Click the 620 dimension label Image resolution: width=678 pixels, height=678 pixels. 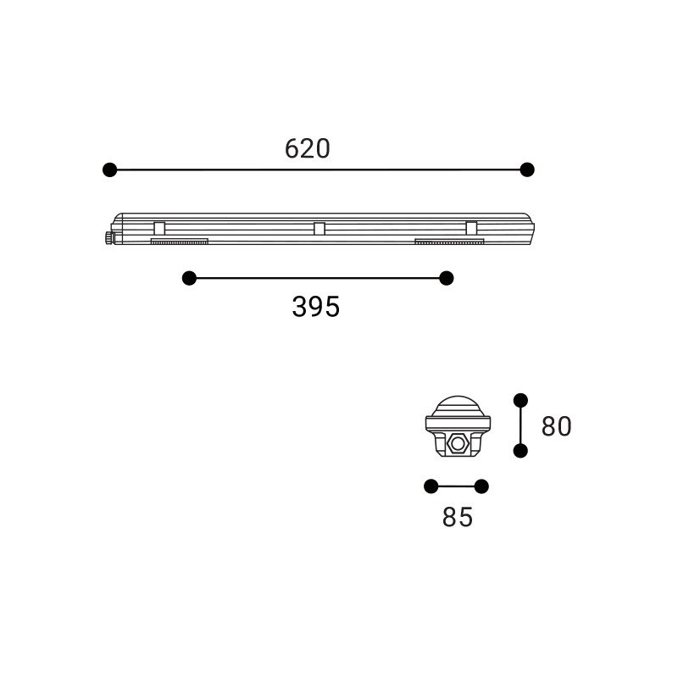(x=307, y=149)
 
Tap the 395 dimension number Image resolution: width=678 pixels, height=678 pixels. (x=315, y=307)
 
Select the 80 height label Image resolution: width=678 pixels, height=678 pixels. (x=556, y=426)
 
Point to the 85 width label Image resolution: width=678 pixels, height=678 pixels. (x=458, y=517)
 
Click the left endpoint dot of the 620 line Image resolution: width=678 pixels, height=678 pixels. (x=110, y=169)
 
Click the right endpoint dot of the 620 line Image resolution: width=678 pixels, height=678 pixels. (x=527, y=169)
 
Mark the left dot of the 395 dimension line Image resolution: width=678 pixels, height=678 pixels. (x=189, y=278)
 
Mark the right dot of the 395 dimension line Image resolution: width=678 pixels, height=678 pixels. (x=447, y=278)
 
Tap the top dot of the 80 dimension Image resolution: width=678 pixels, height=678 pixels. (x=520, y=400)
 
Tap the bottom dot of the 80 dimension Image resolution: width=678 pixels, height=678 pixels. (x=520, y=451)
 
